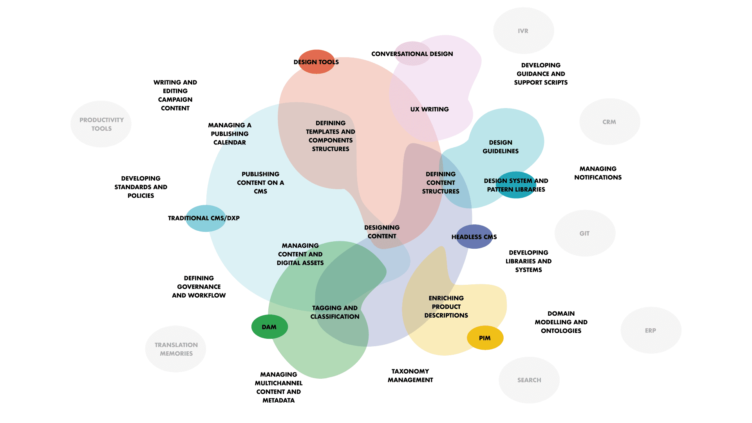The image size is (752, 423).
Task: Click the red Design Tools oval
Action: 316,62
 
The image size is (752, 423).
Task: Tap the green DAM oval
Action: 269,327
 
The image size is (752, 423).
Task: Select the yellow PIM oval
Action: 485,338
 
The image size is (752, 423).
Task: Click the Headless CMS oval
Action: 474,237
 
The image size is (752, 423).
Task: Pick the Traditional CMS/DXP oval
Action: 205,218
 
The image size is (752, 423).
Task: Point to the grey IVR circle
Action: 523,31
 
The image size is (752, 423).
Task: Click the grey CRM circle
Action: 609,122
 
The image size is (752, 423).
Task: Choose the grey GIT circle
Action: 585,233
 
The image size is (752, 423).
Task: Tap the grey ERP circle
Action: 651,330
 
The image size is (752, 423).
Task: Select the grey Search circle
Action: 529,380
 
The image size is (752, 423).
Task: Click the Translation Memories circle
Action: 176,349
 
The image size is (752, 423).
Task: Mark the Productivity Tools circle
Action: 101,124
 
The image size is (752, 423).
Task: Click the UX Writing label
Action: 429,109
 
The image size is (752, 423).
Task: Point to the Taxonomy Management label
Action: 410,375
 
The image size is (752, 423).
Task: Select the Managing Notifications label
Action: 598,173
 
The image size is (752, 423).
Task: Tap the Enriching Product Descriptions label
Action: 446,307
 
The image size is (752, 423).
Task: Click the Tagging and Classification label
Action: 335,312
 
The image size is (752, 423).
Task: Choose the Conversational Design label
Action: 412,54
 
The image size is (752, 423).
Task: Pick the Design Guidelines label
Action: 501,146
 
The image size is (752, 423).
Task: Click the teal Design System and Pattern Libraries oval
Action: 516,185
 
